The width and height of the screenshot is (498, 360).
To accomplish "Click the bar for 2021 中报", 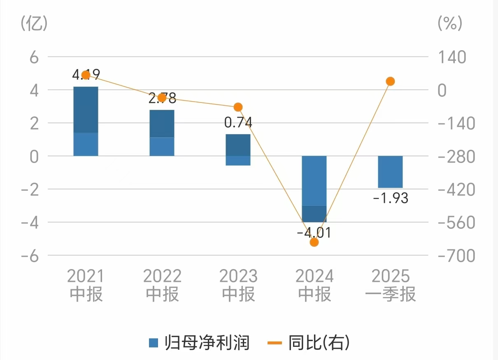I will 86,121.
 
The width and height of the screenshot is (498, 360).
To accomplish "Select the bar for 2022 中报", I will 162,132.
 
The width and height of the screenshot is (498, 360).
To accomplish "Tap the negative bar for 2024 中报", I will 314,188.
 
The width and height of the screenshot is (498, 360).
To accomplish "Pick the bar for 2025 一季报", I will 390,172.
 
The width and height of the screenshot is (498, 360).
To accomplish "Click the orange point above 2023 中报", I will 238,107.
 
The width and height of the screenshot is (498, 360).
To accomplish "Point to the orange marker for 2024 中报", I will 314,242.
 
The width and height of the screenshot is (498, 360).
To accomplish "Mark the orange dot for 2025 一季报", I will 390,81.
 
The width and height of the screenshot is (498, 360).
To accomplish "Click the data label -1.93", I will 390,198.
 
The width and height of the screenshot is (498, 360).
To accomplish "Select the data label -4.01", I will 314,232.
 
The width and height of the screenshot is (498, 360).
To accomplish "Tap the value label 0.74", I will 238,123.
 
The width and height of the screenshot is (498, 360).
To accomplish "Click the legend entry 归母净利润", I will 200,342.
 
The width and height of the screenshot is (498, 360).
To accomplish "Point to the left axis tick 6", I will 34,57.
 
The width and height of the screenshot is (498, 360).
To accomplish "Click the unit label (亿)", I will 34,23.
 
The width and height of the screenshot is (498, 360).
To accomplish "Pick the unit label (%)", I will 450,23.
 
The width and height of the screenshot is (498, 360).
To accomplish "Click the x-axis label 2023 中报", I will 238,285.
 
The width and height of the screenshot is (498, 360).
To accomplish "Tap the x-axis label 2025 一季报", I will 391,285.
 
